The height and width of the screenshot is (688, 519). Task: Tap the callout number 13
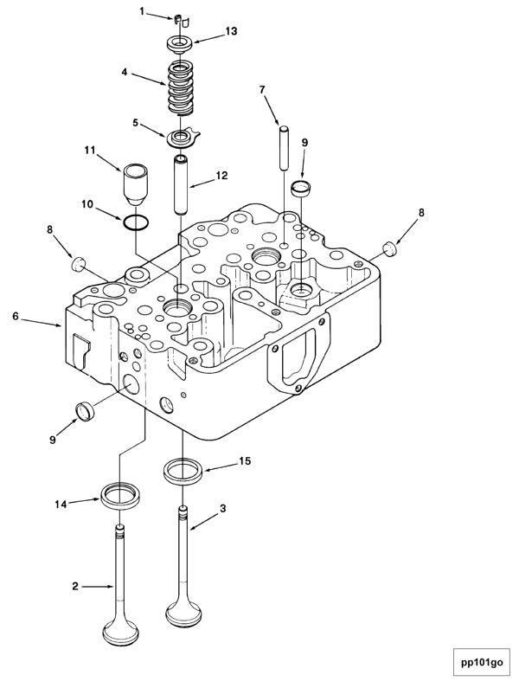(x=231, y=31)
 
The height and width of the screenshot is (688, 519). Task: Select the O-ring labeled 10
(x=133, y=222)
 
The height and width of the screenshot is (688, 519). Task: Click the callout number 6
(x=16, y=317)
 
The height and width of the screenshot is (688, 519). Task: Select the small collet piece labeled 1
(x=177, y=18)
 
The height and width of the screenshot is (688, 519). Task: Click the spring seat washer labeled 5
(x=182, y=136)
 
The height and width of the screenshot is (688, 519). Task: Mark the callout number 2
(x=75, y=586)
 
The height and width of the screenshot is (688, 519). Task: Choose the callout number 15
(x=245, y=461)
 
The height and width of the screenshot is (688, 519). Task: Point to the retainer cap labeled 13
(x=179, y=42)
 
